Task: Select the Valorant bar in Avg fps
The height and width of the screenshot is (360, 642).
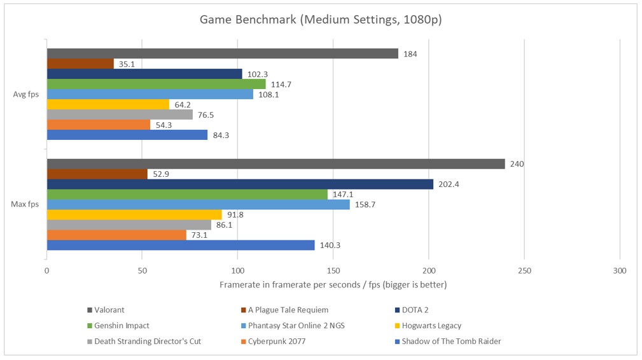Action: click(x=222, y=53)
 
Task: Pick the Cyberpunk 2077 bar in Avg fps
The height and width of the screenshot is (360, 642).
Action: click(x=98, y=125)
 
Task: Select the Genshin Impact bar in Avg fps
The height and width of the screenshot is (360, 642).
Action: click(x=156, y=84)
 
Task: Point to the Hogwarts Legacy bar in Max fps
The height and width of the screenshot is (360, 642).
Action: click(x=134, y=215)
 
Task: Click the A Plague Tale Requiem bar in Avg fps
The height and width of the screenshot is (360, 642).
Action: click(x=80, y=64)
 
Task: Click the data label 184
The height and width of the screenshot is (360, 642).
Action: click(x=410, y=53)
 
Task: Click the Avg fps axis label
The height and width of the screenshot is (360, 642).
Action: click(x=26, y=94)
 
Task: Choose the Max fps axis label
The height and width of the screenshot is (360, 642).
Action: click(x=25, y=205)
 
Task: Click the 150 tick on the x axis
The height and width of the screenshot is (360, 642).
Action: click(x=333, y=270)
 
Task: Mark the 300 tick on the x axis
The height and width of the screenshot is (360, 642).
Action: click(x=620, y=270)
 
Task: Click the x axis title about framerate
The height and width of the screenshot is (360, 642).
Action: click(x=333, y=285)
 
